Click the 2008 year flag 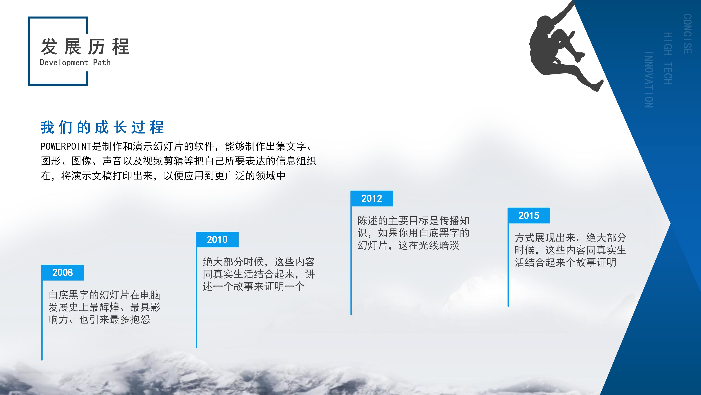pyautogui.click(x=63, y=272)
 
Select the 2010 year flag pyautogui.click(x=217, y=240)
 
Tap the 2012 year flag pyautogui.click(x=372, y=198)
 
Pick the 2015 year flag pyautogui.click(x=529, y=215)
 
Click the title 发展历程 pyautogui.click(x=85, y=47)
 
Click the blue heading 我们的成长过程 pyautogui.click(x=102, y=127)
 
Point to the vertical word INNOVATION pyautogui.click(x=649, y=80)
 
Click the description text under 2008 pyautogui.click(x=104, y=307)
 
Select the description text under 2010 pyautogui.click(x=258, y=274)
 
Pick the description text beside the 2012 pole pyautogui.click(x=413, y=233)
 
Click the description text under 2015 pyautogui.click(x=570, y=250)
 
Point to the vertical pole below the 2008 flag pyautogui.click(x=42, y=322)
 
